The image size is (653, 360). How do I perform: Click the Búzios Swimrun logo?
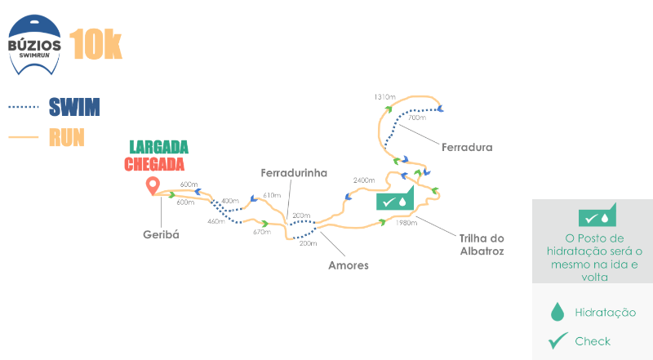[x=34, y=45]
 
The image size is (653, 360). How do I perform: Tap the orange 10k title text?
[x=96, y=44]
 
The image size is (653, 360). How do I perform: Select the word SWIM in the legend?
[x=74, y=107]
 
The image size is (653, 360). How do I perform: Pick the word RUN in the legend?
[x=67, y=137]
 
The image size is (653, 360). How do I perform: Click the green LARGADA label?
[x=158, y=147]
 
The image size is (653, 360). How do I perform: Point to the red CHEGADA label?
[x=154, y=164]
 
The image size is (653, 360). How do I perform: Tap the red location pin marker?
[x=153, y=186]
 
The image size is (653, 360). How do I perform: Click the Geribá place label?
[x=161, y=234]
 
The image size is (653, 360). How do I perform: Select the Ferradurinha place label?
[x=294, y=173]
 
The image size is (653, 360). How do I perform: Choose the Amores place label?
[x=349, y=265]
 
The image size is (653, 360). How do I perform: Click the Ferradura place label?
[x=467, y=147]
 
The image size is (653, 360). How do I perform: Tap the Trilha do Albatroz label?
[x=482, y=245]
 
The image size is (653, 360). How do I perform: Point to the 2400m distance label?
[x=364, y=180]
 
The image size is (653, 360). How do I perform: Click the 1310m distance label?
[x=384, y=96]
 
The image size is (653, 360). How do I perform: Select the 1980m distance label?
[x=406, y=223]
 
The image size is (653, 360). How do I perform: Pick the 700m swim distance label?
[x=417, y=118]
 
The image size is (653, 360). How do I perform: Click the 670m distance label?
[x=262, y=232]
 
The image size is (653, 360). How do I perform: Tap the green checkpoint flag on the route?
[x=395, y=198]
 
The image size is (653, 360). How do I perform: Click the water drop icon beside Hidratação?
[x=557, y=312]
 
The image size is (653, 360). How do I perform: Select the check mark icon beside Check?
[x=558, y=340]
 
